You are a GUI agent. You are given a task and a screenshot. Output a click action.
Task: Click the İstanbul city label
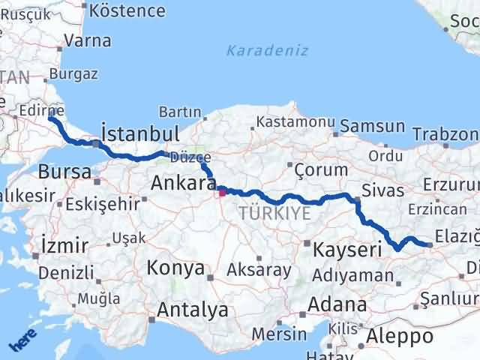139,135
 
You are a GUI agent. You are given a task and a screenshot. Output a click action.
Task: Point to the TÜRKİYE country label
274,214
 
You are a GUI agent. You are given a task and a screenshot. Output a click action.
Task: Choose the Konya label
175,268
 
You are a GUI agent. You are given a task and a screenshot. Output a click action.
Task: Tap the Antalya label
192,309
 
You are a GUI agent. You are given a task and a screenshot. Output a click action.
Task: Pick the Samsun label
374,126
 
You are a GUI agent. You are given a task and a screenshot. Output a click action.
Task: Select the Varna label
88,41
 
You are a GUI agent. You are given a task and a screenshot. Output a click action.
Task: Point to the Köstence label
127,10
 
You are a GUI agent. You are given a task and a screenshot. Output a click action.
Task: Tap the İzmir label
65,245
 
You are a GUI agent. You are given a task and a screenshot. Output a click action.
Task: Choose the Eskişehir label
103,203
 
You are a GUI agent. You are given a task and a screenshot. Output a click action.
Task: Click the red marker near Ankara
222,192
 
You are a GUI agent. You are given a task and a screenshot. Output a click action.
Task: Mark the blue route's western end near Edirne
50,118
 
